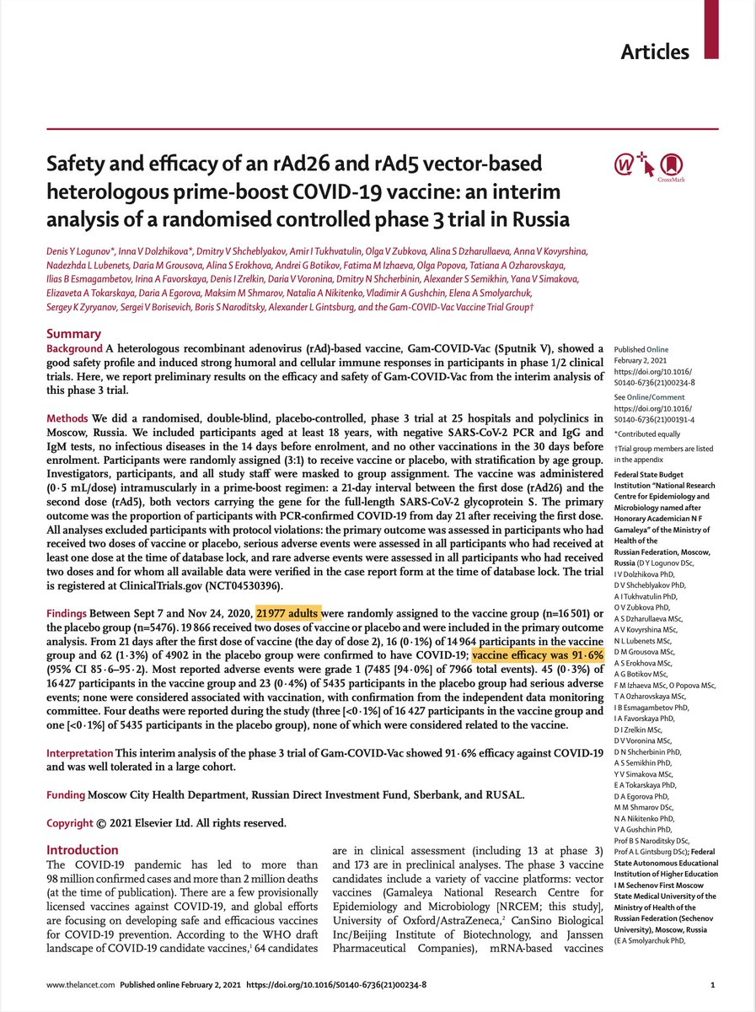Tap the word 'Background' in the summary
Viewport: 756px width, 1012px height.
click(74, 348)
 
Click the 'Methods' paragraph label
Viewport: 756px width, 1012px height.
click(67, 419)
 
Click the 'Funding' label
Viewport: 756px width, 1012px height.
click(66, 794)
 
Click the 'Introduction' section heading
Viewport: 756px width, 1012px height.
click(83, 850)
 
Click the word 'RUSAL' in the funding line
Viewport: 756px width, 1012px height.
click(502, 794)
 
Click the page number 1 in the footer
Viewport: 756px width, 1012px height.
click(713, 983)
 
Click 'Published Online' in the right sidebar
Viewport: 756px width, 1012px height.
click(641, 349)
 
